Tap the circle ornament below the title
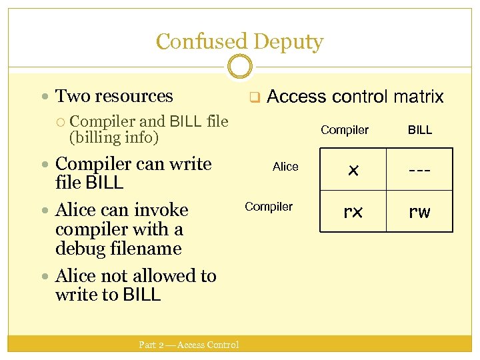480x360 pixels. tap(239, 66)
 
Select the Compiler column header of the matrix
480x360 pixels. tap(345, 130)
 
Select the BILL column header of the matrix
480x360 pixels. tap(420, 130)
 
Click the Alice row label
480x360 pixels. tap(285, 167)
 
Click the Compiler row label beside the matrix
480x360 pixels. tap(269, 207)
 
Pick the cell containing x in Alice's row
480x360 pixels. tap(353, 171)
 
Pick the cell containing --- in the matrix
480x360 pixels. tap(420, 171)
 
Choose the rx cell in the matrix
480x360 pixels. tap(353, 212)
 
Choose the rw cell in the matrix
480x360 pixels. tap(420, 212)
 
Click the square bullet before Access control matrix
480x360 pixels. tap(254, 98)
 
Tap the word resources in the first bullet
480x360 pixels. tap(134, 96)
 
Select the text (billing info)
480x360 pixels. tap(114, 138)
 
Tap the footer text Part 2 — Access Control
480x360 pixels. tap(189, 345)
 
